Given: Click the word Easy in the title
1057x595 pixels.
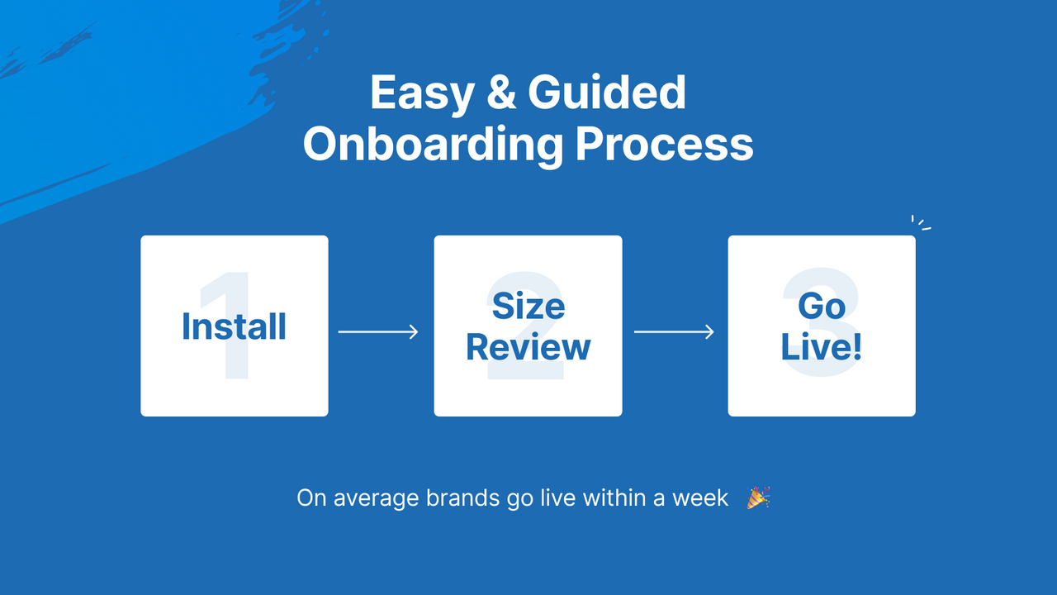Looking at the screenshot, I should tap(421, 93).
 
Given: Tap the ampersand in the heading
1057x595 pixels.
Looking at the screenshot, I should tap(500, 93).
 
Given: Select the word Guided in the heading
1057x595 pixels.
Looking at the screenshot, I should tap(607, 93).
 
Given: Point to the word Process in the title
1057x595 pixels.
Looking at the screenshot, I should tap(664, 145).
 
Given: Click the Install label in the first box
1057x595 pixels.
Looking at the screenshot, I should tap(234, 326).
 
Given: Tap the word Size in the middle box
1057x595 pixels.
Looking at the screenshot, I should tap(528, 307).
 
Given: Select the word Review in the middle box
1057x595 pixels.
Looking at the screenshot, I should tap(528, 347).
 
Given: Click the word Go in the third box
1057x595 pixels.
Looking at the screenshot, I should tap(822, 307).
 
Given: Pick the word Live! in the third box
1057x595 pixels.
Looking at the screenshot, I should tap(822, 347).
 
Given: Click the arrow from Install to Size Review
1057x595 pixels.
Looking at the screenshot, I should tap(378, 332).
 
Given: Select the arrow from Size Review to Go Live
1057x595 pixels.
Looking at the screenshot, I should tap(674, 332).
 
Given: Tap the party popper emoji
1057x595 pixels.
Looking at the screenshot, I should tap(758, 498).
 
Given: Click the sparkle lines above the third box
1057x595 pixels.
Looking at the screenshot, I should tap(920, 223).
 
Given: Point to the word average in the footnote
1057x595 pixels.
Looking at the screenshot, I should tap(376, 499).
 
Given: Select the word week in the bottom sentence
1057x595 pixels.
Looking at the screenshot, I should tap(700, 499).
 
